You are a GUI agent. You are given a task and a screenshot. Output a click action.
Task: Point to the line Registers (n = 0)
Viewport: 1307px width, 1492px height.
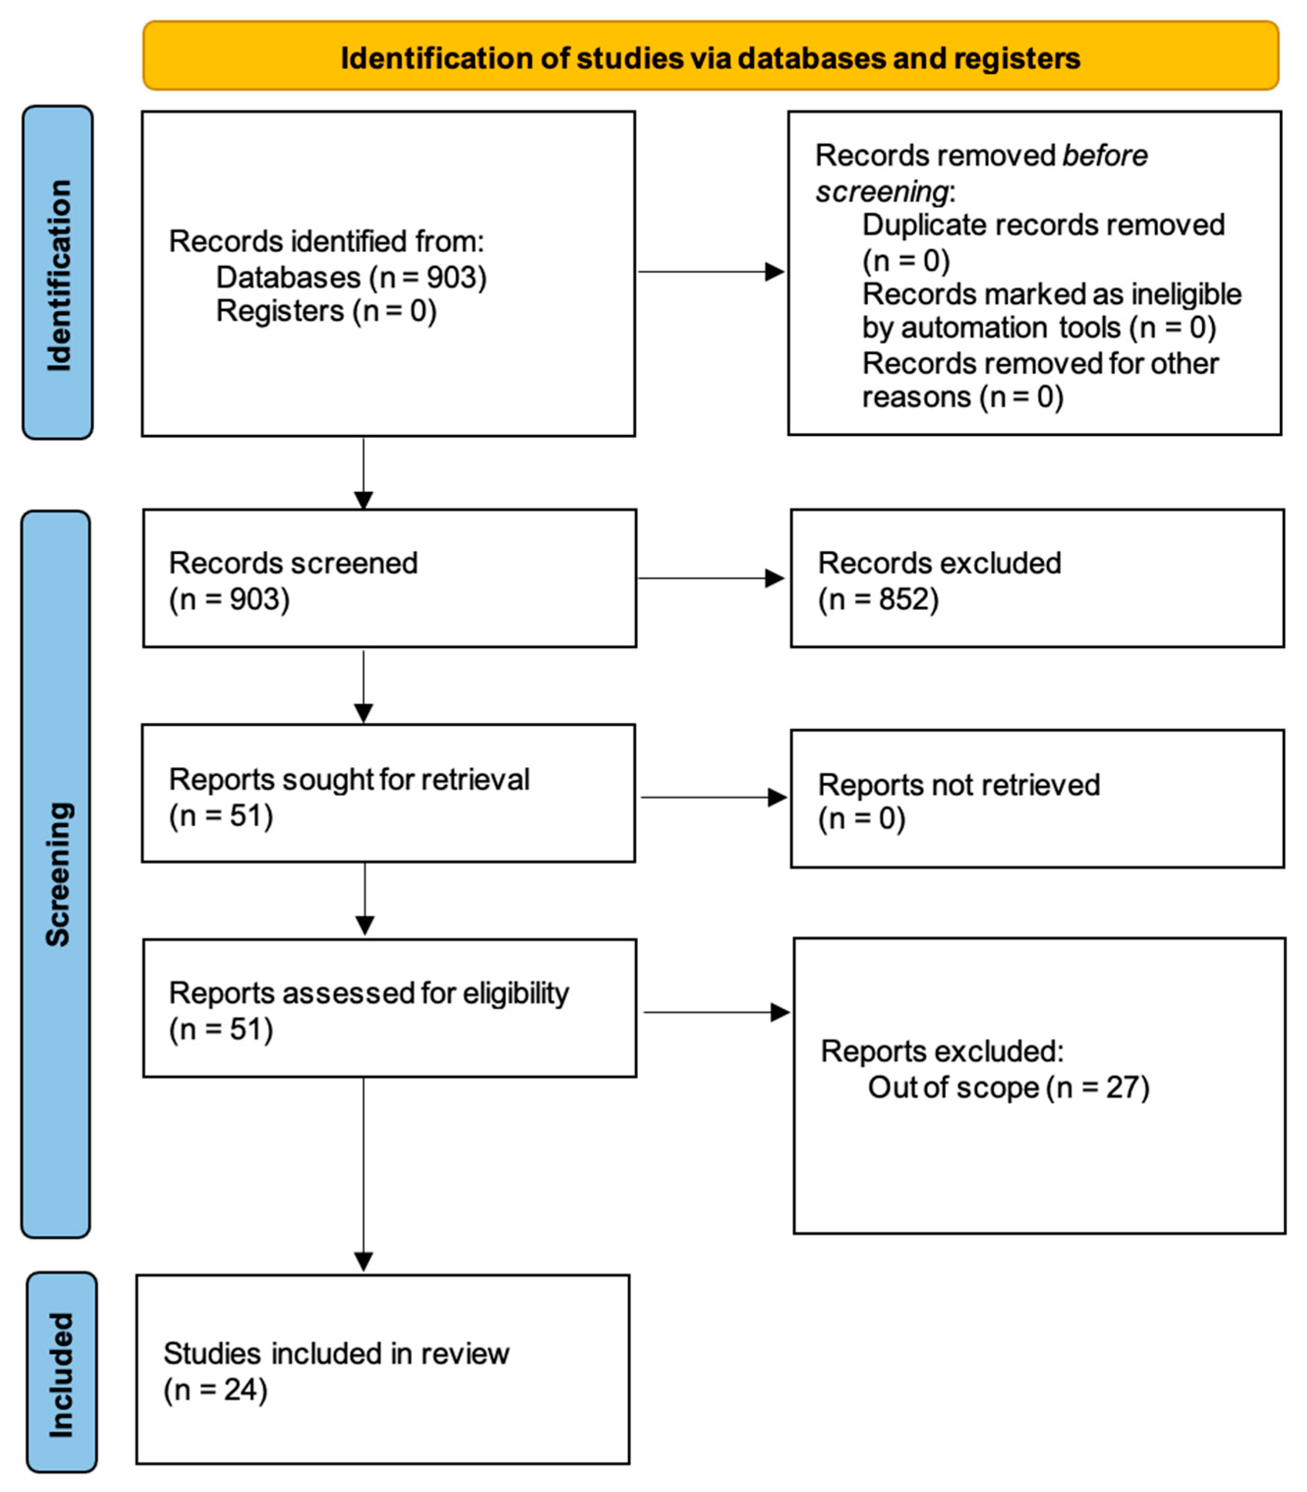[326, 312]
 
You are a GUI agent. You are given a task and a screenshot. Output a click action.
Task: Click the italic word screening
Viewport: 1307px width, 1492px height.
[881, 192]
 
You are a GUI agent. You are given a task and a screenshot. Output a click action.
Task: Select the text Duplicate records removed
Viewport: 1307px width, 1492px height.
[1043, 226]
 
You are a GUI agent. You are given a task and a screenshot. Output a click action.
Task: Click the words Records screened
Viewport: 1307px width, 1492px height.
[293, 564]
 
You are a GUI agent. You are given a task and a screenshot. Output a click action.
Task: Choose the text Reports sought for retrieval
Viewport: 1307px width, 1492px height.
[349, 779]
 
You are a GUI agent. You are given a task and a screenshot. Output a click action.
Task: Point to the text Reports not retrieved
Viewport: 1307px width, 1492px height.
[958, 785]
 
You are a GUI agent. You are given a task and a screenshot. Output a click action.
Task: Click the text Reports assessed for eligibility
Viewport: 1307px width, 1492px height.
[368, 993]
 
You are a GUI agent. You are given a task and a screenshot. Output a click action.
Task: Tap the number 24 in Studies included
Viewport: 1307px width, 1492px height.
[241, 1390]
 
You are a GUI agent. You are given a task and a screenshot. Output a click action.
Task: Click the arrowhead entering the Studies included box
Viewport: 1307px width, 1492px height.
[363, 1261]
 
